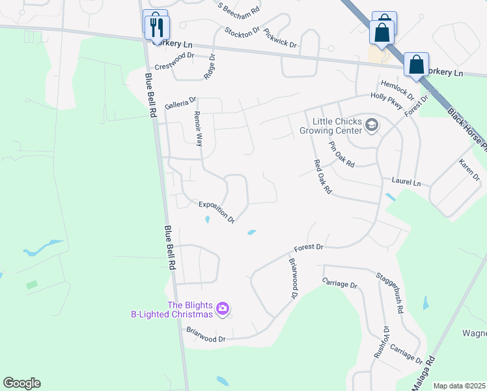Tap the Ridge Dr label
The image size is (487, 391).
pos(209,67)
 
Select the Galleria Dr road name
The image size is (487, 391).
pos(180,103)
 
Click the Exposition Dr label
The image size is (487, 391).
pos(217,211)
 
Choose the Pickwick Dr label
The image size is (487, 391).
pos(281,38)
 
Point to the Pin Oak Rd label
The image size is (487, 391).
pos(341,154)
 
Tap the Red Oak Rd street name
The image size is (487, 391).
pos(323,177)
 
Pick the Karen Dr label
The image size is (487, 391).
pos(469,169)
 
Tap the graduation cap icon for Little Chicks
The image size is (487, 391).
pos(372,124)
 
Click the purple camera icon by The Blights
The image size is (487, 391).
pos(223,308)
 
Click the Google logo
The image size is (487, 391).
pos(21,383)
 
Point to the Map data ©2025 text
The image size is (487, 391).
pos(459,386)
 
